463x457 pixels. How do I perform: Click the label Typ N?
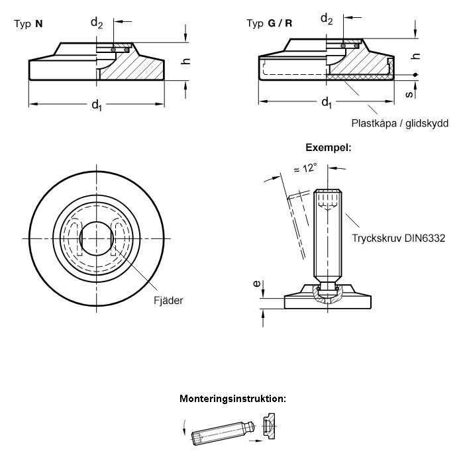tap(28, 24)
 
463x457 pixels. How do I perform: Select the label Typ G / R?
tap(270, 23)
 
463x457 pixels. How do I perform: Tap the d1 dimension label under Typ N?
tap(97, 105)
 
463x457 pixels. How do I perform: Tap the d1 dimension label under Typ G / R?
tap(327, 103)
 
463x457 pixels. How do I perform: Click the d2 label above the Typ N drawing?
tap(97, 23)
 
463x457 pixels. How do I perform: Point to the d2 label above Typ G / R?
tap(327, 19)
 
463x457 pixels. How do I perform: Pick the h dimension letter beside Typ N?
tap(186, 62)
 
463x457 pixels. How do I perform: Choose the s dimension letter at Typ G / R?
tap(409, 94)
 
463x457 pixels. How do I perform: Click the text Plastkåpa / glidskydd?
tap(400, 123)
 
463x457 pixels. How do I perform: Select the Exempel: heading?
tap(329, 147)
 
